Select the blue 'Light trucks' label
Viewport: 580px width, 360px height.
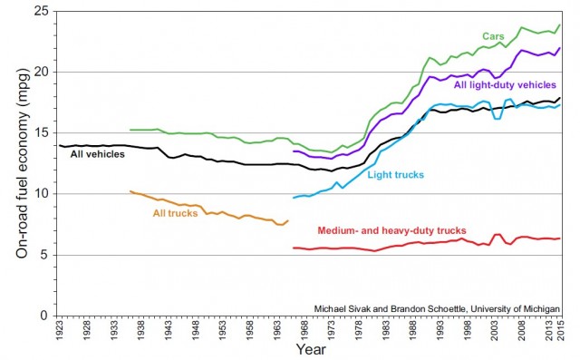click(397, 173)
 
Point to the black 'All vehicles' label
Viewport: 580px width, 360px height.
click(98, 154)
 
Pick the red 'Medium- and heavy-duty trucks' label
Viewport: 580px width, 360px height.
click(392, 230)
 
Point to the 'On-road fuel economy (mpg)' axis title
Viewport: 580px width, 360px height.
click(20, 163)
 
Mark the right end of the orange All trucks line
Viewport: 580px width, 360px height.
click(288, 220)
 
